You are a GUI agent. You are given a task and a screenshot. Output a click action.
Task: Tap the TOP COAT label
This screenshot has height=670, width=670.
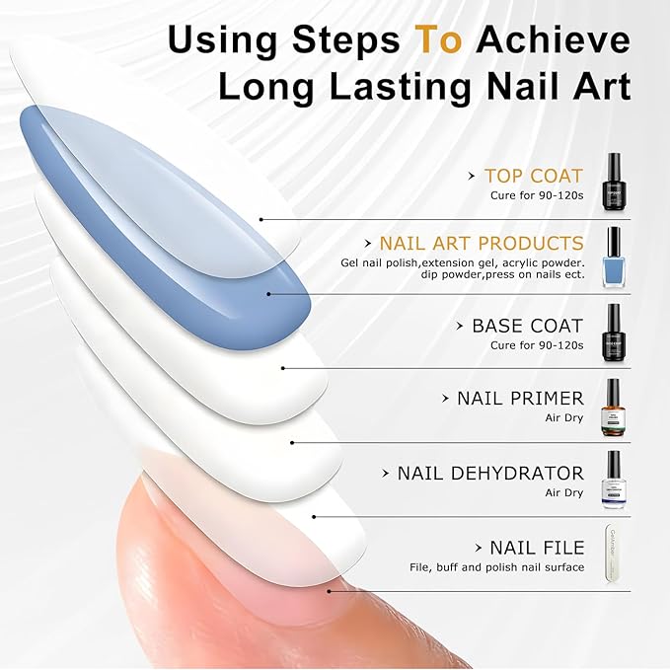click(534, 177)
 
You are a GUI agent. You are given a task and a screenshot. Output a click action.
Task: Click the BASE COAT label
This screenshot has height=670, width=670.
click(528, 326)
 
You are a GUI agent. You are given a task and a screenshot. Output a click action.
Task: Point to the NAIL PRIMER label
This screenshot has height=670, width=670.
click(520, 399)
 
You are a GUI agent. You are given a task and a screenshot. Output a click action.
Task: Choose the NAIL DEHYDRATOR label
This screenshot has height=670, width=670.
click(490, 473)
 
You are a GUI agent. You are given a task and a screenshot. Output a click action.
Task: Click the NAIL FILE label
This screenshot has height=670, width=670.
click(537, 548)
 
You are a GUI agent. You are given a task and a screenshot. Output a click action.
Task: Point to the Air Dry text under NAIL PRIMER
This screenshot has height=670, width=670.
click(564, 418)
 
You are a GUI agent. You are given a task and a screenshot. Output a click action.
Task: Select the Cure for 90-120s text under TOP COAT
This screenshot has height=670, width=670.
click(537, 196)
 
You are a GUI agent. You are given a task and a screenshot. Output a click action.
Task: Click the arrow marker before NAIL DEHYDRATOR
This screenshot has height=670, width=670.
click(385, 475)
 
